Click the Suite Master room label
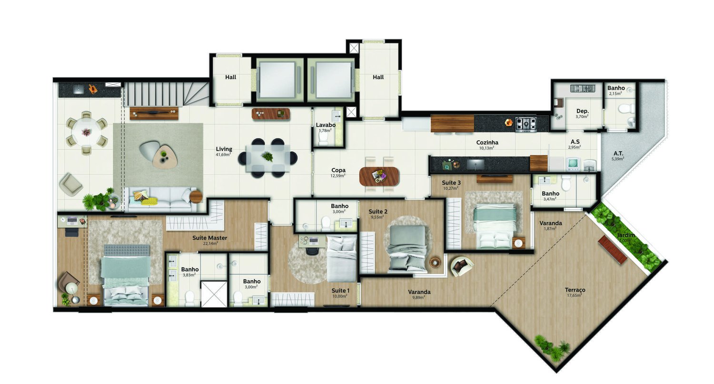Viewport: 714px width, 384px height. (209, 238)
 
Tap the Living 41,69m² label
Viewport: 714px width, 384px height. (223, 149)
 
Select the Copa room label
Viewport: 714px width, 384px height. (338, 170)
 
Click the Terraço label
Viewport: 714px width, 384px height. (575, 290)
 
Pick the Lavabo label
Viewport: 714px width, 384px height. (326, 125)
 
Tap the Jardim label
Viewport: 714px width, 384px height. (625, 236)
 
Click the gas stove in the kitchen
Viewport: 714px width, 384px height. (526, 124)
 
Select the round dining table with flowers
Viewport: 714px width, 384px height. (86, 132)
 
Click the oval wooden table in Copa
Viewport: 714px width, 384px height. (379, 176)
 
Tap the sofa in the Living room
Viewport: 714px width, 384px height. (161, 199)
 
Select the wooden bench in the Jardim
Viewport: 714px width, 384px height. (612, 250)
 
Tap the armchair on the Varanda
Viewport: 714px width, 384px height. (461, 266)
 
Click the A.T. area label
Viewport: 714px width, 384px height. (618, 154)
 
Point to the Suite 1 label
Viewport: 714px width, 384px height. (340, 290)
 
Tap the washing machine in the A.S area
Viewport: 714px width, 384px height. (573, 163)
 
